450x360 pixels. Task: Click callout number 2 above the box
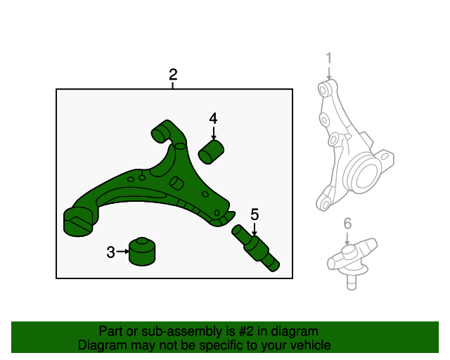tap(173, 75)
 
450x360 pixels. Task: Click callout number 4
tap(213, 119)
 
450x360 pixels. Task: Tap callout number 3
tap(110, 252)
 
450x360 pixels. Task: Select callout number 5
tap(255, 214)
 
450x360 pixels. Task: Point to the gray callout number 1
tap(328, 58)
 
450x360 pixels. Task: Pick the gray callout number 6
tap(347, 224)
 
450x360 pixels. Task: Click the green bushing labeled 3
tap(143, 252)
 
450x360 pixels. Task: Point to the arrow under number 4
tap(213, 133)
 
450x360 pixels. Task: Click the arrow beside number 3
tap(123, 251)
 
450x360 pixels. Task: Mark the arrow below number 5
tap(255, 228)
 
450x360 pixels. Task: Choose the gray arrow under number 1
tap(328, 72)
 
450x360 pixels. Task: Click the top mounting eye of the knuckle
tap(325, 89)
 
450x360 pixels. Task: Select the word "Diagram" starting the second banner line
tap(103, 345)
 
